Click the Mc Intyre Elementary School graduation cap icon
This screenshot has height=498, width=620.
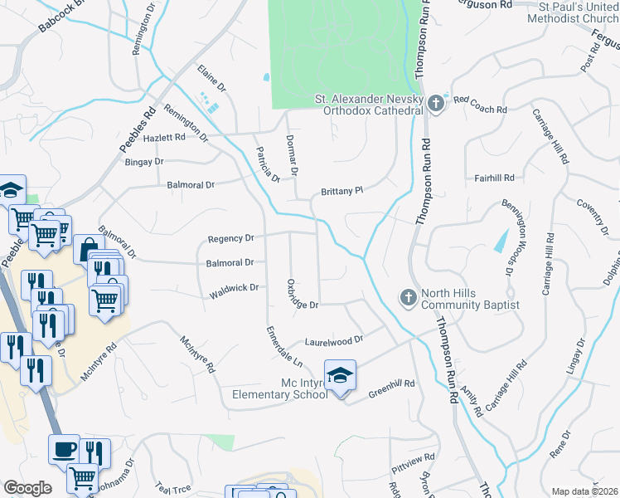pos(340,376)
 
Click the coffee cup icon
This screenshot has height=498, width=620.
pos(65,451)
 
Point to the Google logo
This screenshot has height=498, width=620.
pos(27,488)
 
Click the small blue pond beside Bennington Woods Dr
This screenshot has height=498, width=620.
pos(501,240)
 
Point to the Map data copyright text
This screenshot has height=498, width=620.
pos(584,491)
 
